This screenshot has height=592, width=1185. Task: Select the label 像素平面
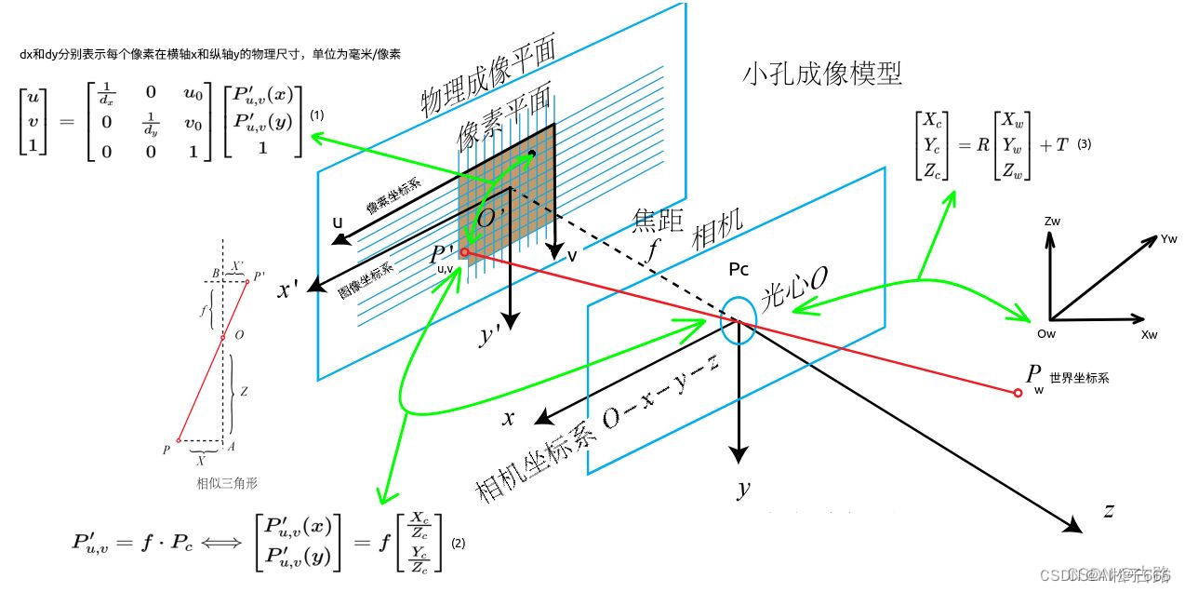[x=503, y=115]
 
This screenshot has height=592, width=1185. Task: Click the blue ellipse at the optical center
[x=739, y=321]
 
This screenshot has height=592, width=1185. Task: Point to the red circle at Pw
[x=1018, y=393]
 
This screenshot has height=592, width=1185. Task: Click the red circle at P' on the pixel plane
[x=465, y=251]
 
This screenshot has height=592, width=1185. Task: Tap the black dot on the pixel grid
[x=531, y=153]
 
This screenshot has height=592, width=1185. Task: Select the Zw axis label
[x=1053, y=222]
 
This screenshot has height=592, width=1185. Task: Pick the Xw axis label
[x=1150, y=333]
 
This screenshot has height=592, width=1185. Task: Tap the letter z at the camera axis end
[x=1109, y=510]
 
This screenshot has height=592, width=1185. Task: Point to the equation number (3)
[x=1084, y=145]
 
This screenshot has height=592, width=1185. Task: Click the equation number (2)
[x=458, y=542]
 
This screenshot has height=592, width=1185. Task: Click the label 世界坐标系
[x=1079, y=379]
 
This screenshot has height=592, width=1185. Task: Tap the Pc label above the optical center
[x=739, y=270]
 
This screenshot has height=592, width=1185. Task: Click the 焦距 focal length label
[x=659, y=221]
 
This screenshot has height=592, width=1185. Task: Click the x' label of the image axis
[x=287, y=289]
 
